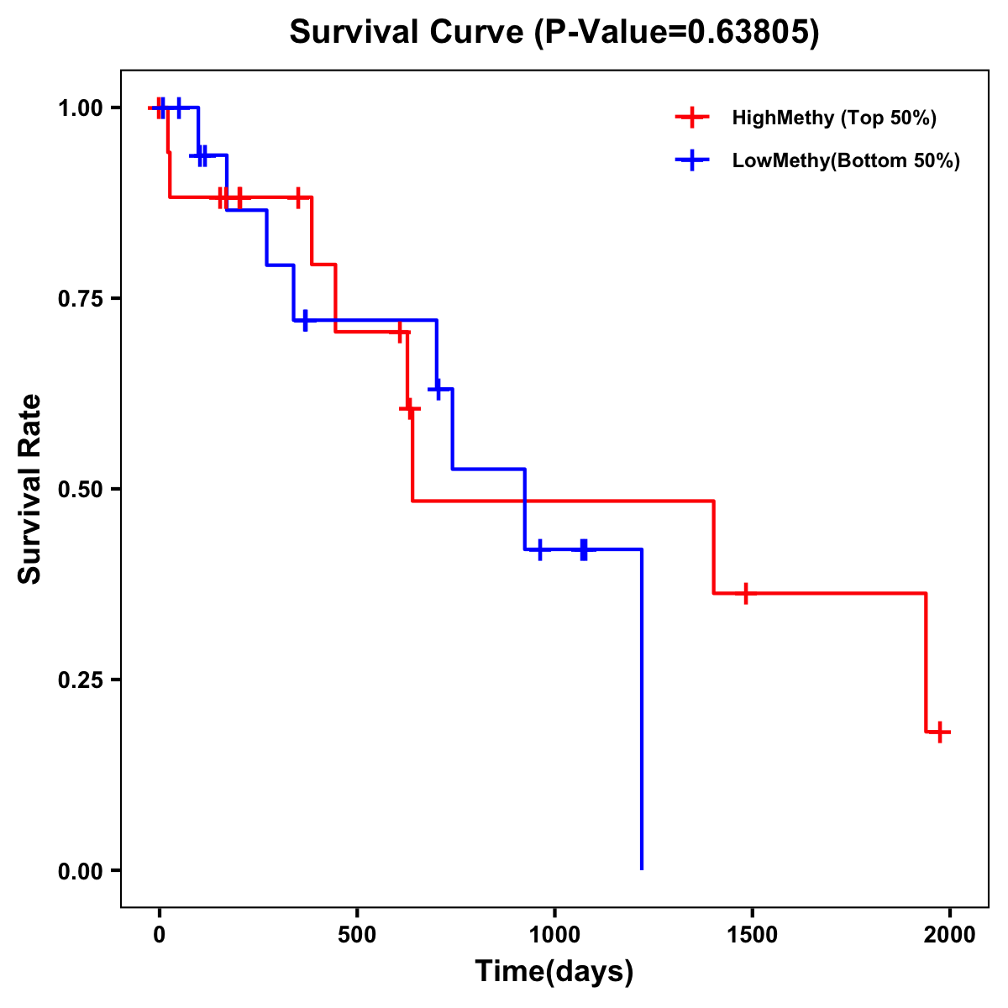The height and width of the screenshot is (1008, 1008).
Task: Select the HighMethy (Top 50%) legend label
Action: (834, 118)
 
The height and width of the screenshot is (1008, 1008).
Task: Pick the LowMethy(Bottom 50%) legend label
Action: (846, 160)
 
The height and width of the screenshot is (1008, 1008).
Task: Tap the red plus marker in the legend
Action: (692, 118)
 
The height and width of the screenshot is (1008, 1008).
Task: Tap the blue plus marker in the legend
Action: (692, 160)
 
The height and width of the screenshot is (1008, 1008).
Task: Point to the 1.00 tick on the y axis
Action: (81, 108)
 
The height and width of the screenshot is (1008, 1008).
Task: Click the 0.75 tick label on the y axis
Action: (81, 299)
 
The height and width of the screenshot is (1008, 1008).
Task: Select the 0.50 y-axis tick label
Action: (81, 490)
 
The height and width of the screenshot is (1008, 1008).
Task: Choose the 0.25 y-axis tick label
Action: (81, 680)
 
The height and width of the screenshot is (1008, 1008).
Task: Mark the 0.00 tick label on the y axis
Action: (81, 871)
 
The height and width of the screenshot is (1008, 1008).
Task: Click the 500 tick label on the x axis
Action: (357, 935)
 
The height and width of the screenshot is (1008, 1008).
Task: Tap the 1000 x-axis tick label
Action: (554, 935)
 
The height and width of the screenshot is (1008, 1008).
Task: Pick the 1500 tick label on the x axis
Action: (752, 935)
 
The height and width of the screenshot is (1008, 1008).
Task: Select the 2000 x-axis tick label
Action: (950, 935)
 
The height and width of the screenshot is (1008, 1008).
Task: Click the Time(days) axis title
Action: (554, 972)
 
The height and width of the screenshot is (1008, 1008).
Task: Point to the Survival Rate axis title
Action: (30, 489)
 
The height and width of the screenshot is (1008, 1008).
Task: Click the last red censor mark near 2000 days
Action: (940, 732)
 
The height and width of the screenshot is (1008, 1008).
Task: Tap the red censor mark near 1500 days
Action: (744, 593)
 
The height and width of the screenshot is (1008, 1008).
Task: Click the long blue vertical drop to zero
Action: (642, 714)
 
